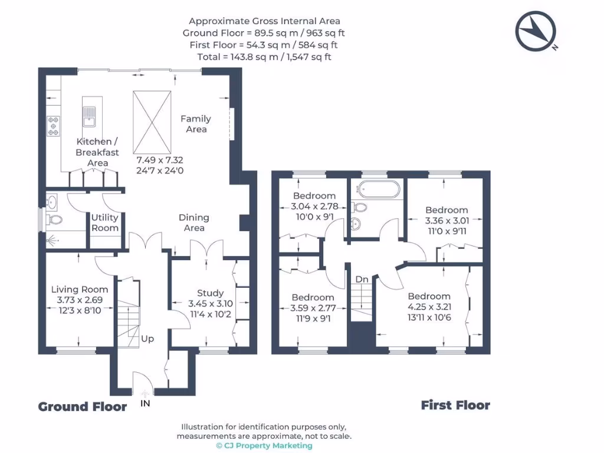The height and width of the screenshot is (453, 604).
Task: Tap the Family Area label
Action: click(196, 124)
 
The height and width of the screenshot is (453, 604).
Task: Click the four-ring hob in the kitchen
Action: click(54, 125)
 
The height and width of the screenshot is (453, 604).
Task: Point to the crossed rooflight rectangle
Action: click(153, 122)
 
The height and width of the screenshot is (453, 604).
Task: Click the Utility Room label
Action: click(104, 223)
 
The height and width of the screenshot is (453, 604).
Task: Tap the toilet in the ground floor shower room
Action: click(55, 221)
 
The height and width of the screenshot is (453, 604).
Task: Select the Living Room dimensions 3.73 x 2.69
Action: click(80, 300)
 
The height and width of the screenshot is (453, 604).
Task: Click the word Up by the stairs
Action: click(147, 339)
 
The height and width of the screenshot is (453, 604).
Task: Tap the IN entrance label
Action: click(145, 403)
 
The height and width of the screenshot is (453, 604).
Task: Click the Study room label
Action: click(210, 293)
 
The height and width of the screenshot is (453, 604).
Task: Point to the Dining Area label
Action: click(194, 223)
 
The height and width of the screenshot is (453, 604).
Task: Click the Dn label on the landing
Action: click(361, 279)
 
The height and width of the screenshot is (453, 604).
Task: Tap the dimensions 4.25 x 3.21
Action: click(429, 307)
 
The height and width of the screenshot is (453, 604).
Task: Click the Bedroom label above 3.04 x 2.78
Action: click(314, 196)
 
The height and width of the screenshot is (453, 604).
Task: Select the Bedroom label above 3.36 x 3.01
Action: click(447, 210)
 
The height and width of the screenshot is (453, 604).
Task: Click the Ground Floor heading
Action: click(83, 406)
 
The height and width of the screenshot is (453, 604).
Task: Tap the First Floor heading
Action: click(455, 405)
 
